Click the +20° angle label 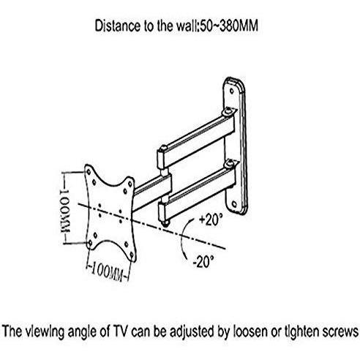click(211, 220)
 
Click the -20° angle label click(203, 262)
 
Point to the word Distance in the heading click(118, 26)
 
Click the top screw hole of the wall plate click(231, 91)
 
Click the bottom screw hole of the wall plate click(234, 203)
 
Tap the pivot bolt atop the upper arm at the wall click(228, 111)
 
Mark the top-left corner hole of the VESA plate click(89, 172)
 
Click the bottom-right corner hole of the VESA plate click(132, 255)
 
